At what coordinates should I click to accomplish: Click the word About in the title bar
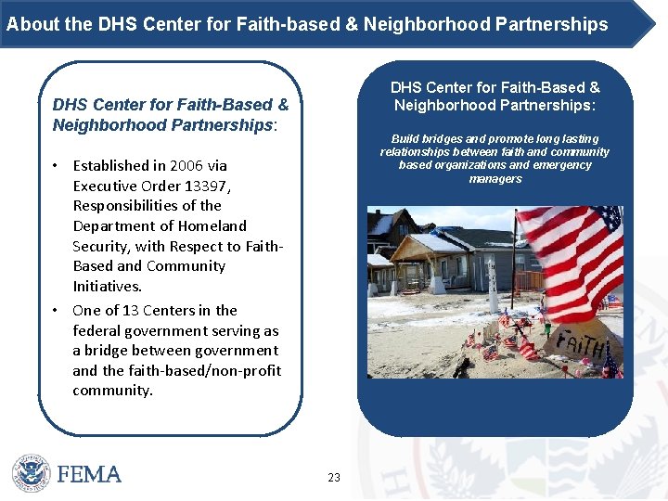tap(28, 25)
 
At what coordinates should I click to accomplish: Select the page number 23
tap(334, 478)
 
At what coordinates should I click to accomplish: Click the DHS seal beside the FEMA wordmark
tap(30, 473)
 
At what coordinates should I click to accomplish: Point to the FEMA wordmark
tap(89, 474)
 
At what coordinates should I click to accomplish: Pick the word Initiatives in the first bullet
tap(108, 287)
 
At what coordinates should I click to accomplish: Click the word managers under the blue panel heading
tap(495, 179)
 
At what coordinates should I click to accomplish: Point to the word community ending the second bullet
tap(111, 391)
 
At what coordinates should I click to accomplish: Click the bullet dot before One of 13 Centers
tap(57, 310)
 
